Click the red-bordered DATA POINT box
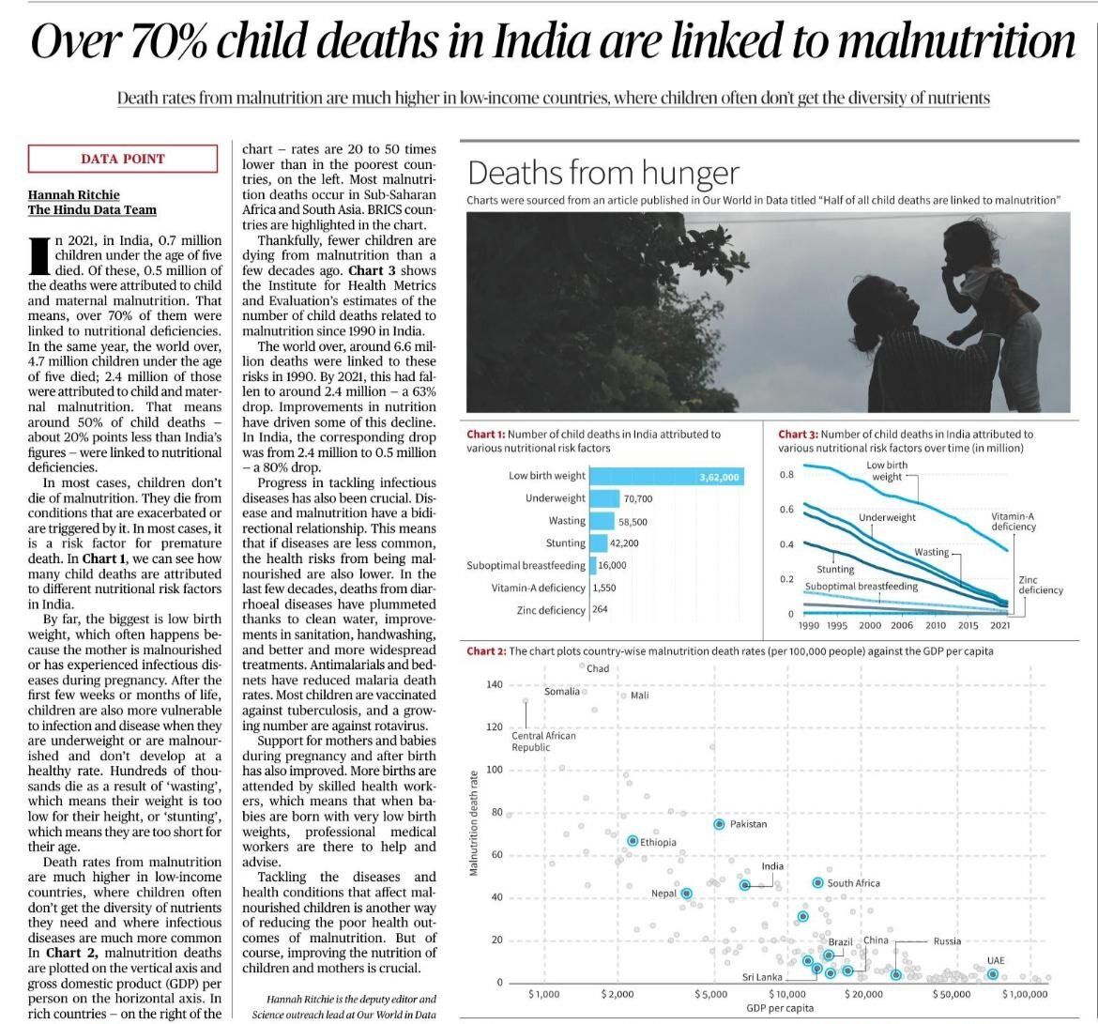click(123, 159)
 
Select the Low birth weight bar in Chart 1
click(667, 477)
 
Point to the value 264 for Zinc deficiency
click(600, 610)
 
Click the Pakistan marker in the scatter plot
click(719, 824)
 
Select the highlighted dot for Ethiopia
click(633, 841)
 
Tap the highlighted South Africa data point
click(817, 883)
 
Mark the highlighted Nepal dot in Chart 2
click(686, 894)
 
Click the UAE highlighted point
click(993, 974)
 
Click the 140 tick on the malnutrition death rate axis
click(495, 684)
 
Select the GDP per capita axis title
click(780, 1008)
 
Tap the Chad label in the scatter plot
click(598, 668)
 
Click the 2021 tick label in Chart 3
click(1000, 626)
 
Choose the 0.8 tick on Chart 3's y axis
click(786, 475)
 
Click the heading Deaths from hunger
click(603, 173)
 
